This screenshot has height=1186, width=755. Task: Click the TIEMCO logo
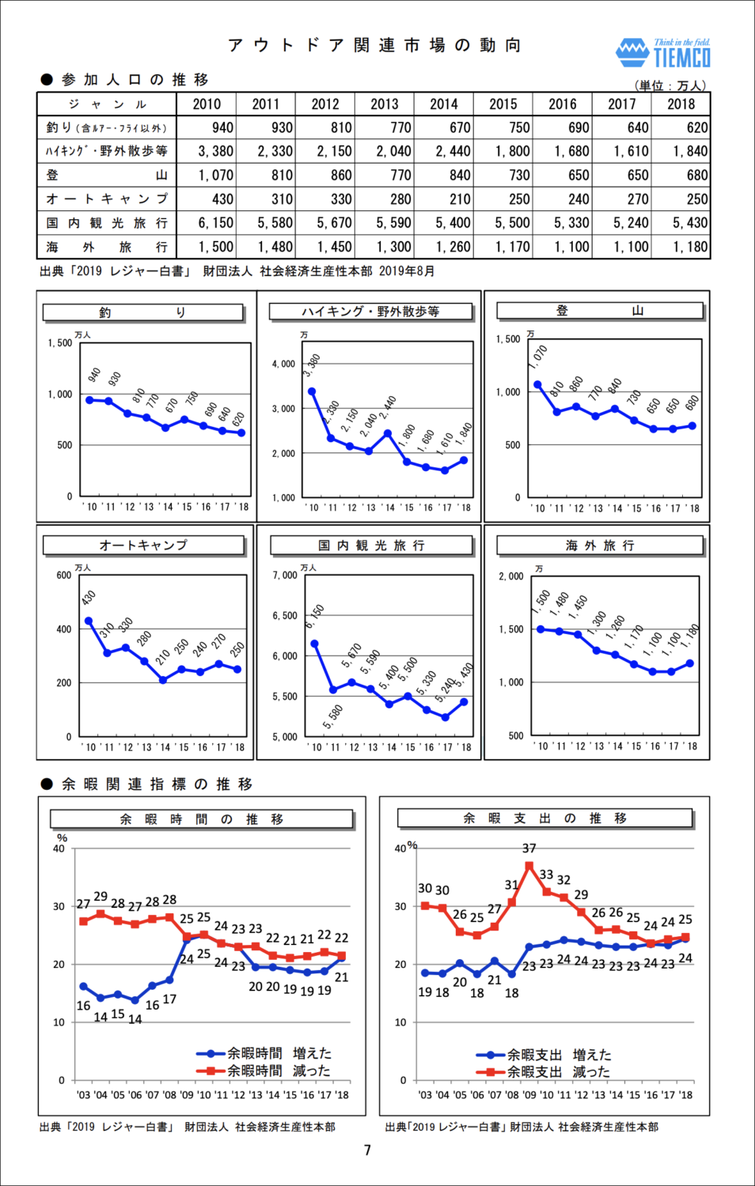point(663,53)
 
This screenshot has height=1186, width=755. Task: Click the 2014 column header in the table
point(444,104)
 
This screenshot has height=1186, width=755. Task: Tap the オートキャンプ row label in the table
point(107,199)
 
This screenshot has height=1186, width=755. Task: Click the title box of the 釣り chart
point(142,312)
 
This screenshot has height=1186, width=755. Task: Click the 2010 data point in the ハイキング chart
point(312,391)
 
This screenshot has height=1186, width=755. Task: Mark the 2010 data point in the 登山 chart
point(538,385)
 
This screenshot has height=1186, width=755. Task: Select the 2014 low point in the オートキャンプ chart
point(163,680)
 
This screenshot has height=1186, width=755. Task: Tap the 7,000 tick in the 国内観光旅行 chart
point(285,575)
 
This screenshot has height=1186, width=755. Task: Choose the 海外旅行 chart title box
point(599,546)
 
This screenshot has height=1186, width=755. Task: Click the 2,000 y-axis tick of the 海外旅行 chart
point(511,576)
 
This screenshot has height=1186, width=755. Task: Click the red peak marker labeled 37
point(529,866)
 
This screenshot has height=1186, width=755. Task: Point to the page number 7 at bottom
point(367,1150)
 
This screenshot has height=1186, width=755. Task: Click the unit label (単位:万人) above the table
point(670,85)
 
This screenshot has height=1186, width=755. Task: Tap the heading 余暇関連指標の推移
point(157,784)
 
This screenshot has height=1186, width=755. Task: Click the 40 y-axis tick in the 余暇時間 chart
point(59,849)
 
